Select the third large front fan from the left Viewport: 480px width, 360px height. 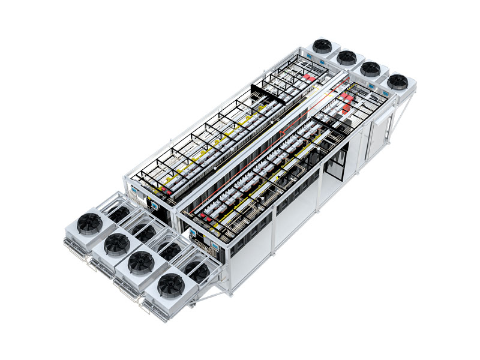point(141,262)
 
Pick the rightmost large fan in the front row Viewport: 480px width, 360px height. point(170,284)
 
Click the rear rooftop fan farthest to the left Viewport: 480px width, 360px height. point(322,46)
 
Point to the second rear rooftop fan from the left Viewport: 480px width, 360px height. point(346,58)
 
